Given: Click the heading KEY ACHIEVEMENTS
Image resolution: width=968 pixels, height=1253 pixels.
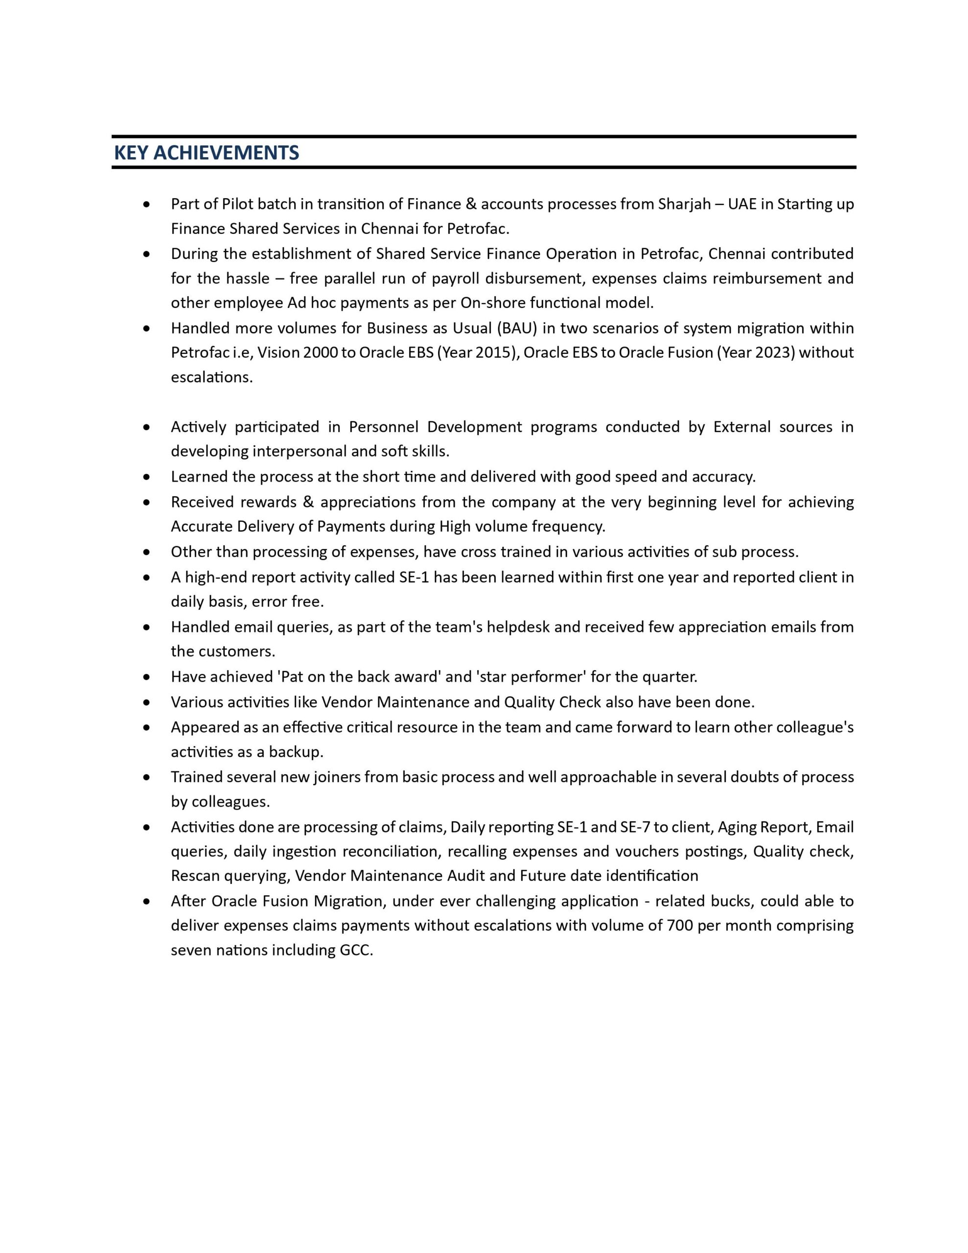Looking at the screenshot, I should pyautogui.click(x=207, y=153).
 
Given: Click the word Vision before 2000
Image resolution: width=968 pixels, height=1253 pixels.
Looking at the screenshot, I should pyautogui.click(x=277, y=352).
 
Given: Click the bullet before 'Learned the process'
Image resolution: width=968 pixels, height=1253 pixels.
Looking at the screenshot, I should pyautogui.click(x=147, y=477).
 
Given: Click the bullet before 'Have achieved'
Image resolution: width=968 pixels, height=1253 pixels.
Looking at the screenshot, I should pyautogui.click(x=147, y=677).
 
